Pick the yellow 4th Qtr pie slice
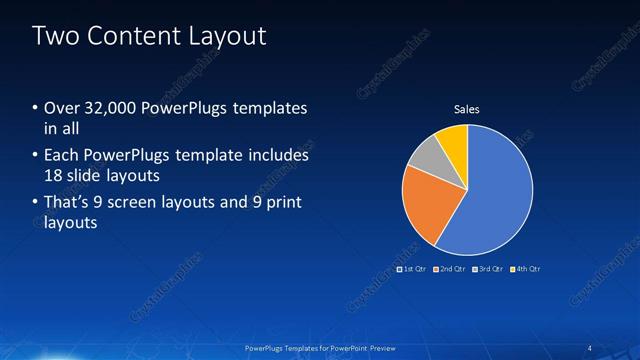click(x=453, y=138)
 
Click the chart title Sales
click(x=467, y=109)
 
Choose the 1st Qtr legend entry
click(x=412, y=269)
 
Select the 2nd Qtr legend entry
click(x=450, y=269)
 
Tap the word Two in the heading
click(x=55, y=37)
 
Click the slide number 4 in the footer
click(x=590, y=347)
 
